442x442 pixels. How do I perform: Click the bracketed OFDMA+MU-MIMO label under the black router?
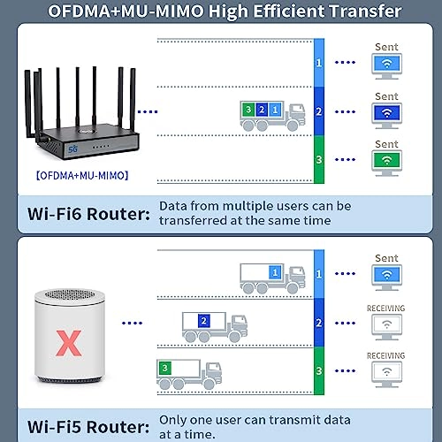pyautogui.click(x=82, y=175)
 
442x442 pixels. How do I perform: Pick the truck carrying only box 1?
pyautogui.click(x=272, y=277)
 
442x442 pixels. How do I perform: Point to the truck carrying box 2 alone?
pyautogui.click(x=213, y=326)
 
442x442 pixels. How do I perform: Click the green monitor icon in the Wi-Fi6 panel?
pyautogui.click(x=385, y=160)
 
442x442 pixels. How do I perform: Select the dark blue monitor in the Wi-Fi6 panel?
pyautogui.click(x=385, y=112)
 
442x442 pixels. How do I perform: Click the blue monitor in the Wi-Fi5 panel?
pyautogui.click(x=385, y=274)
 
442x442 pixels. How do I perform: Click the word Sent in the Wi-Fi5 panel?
pyautogui.click(x=386, y=258)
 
